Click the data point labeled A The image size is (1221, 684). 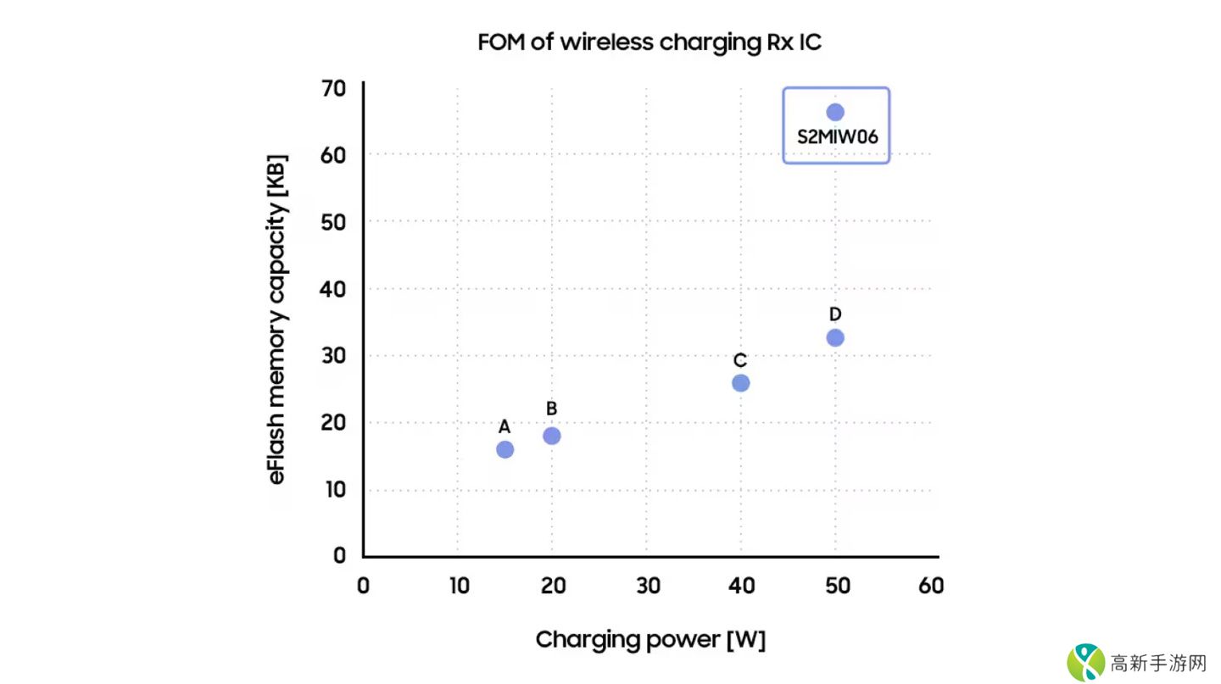tap(505, 449)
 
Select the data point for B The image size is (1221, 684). tap(552, 436)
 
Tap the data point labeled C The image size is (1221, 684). tap(740, 382)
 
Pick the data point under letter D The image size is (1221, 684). tap(835, 337)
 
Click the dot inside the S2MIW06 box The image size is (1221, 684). tap(835, 112)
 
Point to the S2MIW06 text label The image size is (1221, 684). tap(836, 136)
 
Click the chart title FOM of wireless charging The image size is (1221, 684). tap(650, 42)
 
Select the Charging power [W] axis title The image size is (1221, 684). tap(650, 639)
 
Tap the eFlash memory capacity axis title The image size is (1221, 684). tap(277, 319)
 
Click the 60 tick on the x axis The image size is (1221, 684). tap(930, 586)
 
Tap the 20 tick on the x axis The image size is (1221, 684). tap(552, 586)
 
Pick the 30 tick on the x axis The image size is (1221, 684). tap(646, 586)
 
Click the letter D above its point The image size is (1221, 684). tap(835, 314)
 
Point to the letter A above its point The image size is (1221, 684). tap(505, 426)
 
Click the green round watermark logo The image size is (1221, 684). tap(1085, 661)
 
